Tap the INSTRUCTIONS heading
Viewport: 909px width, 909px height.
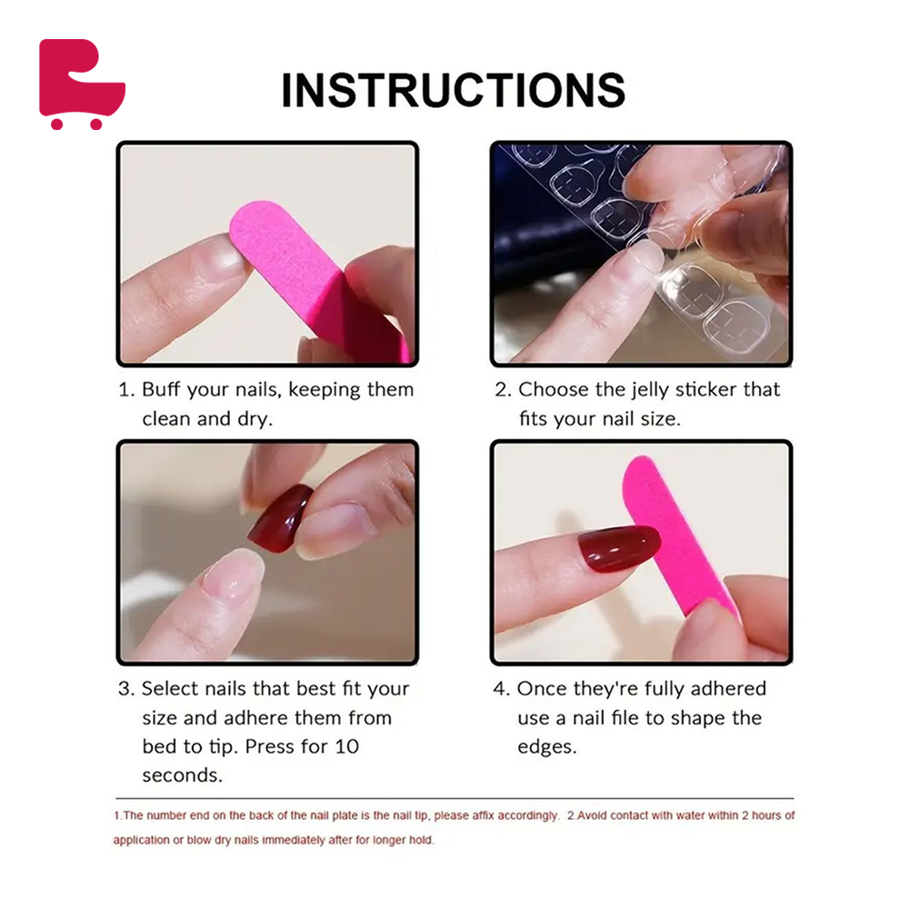454,90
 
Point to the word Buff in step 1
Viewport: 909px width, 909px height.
161,389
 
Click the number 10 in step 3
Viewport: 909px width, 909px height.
346,746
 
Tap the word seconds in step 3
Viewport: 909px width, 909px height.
182,775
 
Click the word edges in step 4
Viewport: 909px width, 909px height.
546,747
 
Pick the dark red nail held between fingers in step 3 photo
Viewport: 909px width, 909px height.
280,518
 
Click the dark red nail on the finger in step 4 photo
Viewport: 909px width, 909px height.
619,548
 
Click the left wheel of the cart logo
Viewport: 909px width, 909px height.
56,123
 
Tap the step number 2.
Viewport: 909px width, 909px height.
502,390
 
